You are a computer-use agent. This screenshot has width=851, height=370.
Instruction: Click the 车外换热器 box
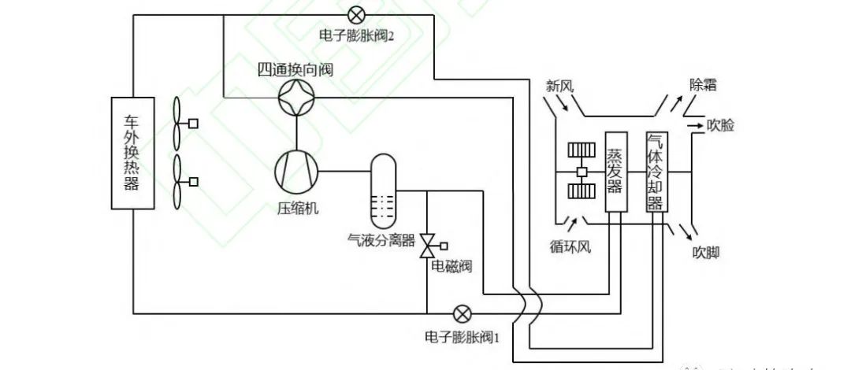click(132, 153)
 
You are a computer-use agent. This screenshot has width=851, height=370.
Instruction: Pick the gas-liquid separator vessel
click(383, 189)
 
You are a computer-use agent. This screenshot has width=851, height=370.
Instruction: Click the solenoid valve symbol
click(428, 246)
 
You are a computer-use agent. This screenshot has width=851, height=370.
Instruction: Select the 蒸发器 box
click(615, 170)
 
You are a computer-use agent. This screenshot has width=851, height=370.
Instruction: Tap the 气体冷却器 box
click(656, 170)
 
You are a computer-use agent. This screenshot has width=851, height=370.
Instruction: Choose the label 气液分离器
click(381, 239)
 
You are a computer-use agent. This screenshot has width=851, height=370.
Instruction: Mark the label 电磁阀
click(452, 266)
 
